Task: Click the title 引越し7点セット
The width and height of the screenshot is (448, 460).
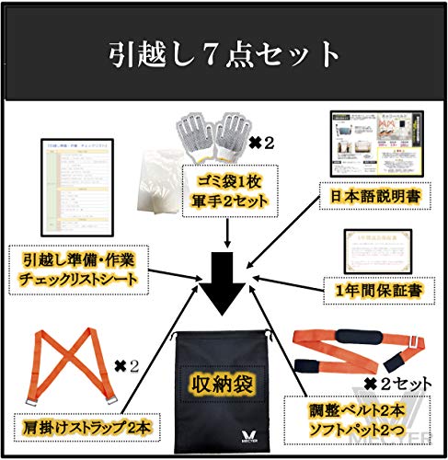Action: click(224, 53)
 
